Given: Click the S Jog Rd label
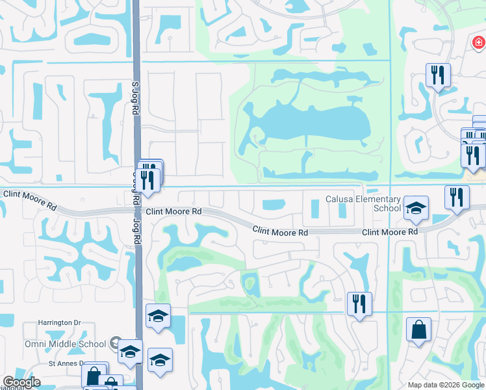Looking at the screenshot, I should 135,98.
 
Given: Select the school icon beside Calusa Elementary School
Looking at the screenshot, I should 416,208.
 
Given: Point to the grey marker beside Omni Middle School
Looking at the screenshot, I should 115,343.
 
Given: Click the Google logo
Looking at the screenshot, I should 21,382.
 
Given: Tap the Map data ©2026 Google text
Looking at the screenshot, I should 445,385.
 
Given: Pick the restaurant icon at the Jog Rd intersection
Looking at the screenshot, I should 149,180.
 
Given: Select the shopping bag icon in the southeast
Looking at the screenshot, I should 418,328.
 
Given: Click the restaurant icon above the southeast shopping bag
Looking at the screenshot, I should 359,302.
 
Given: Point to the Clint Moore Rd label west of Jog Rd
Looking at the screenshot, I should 29,199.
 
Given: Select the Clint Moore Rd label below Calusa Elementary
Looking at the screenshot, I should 389,232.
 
